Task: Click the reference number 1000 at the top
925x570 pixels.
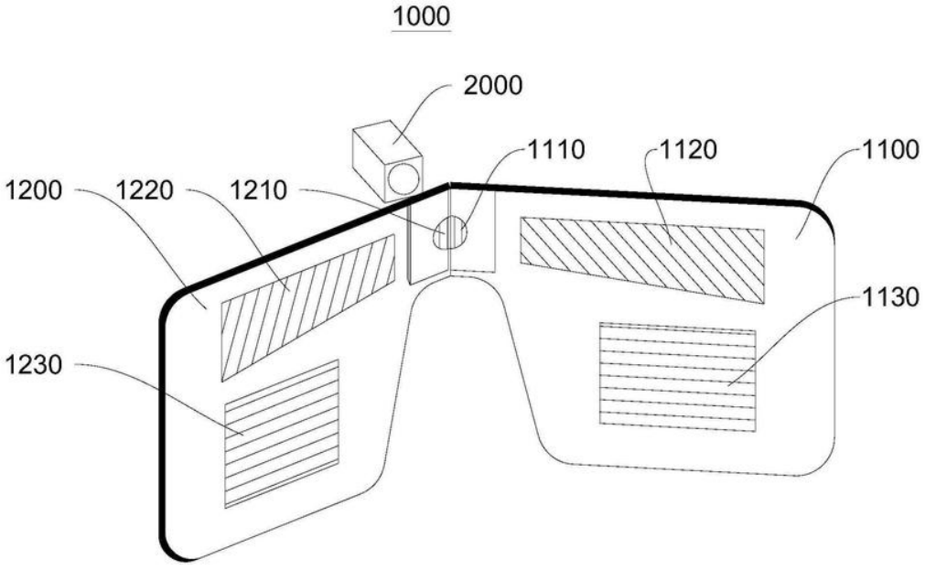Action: click(x=421, y=16)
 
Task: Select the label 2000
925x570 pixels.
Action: click(x=492, y=86)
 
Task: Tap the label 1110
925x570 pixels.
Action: click(x=555, y=149)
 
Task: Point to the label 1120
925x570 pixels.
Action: click(x=688, y=149)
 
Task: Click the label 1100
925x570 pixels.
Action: click(x=890, y=149)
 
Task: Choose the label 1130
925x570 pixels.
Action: click(x=890, y=296)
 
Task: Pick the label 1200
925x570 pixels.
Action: click(x=34, y=190)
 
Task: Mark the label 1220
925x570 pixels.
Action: click(x=145, y=190)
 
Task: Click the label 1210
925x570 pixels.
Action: click(x=258, y=190)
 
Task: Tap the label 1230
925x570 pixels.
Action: click(x=34, y=365)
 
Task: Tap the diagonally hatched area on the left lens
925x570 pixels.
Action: click(x=307, y=307)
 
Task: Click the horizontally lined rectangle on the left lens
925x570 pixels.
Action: click(x=282, y=434)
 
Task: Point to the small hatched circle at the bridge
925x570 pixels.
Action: click(x=451, y=232)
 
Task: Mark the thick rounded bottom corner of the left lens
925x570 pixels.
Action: click(x=171, y=546)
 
